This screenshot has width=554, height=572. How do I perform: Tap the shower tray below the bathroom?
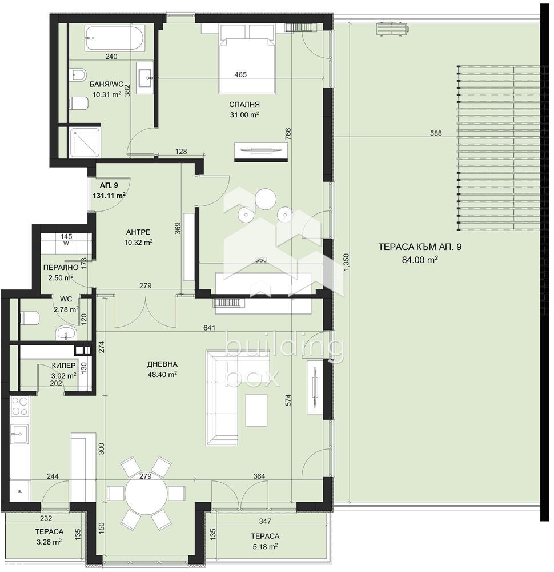(x=86, y=142)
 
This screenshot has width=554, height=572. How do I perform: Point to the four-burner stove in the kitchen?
(x=20, y=406)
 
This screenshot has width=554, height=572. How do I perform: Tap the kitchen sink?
(x=19, y=434)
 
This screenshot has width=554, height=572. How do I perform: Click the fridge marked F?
(x=20, y=491)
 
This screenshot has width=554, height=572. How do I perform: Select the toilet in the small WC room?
(x=30, y=318)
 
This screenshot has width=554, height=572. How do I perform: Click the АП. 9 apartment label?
(x=109, y=185)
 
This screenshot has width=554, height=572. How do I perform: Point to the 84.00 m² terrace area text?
(x=420, y=260)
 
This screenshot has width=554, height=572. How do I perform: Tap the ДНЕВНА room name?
(x=162, y=364)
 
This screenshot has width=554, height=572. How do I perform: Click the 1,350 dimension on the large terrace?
(x=346, y=261)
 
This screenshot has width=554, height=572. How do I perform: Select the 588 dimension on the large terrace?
(x=436, y=133)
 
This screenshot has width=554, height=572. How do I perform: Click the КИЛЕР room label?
(x=64, y=365)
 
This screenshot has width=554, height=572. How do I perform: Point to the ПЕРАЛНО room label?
(x=61, y=267)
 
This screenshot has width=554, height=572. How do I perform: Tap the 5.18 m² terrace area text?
(x=265, y=546)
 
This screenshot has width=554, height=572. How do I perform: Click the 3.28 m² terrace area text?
(x=49, y=542)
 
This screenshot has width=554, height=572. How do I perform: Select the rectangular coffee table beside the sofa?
(x=256, y=410)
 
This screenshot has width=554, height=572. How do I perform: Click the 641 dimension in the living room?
(x=210, y=328)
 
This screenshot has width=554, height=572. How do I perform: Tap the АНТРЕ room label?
(x=138, y=232)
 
